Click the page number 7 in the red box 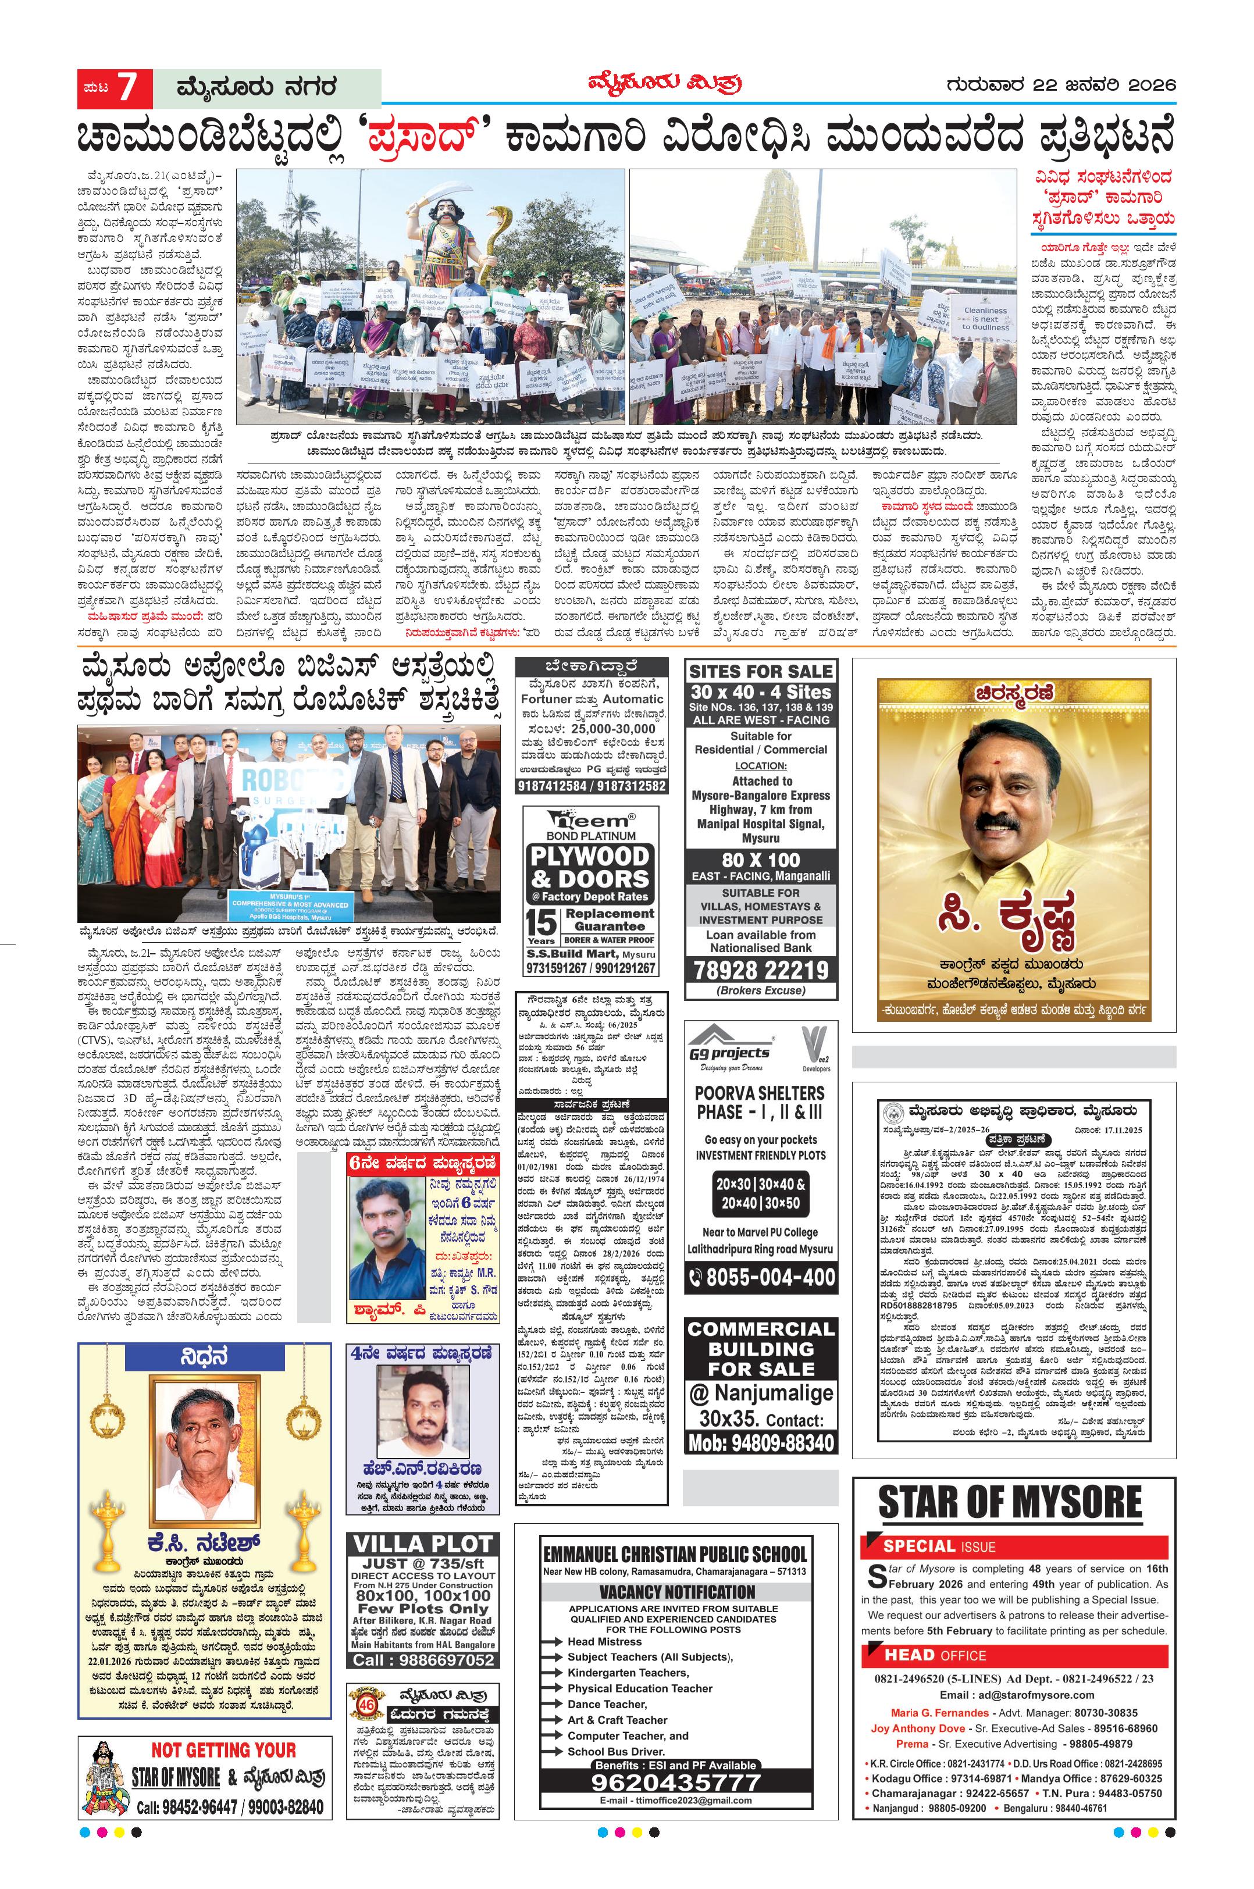pos(128,87)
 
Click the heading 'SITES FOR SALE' pos(761,671)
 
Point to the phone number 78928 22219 pos(761,970)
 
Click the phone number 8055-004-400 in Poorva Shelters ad pos(761,1277)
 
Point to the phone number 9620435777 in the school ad pos(676,1781)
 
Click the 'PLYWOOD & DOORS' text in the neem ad pos(590,867)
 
